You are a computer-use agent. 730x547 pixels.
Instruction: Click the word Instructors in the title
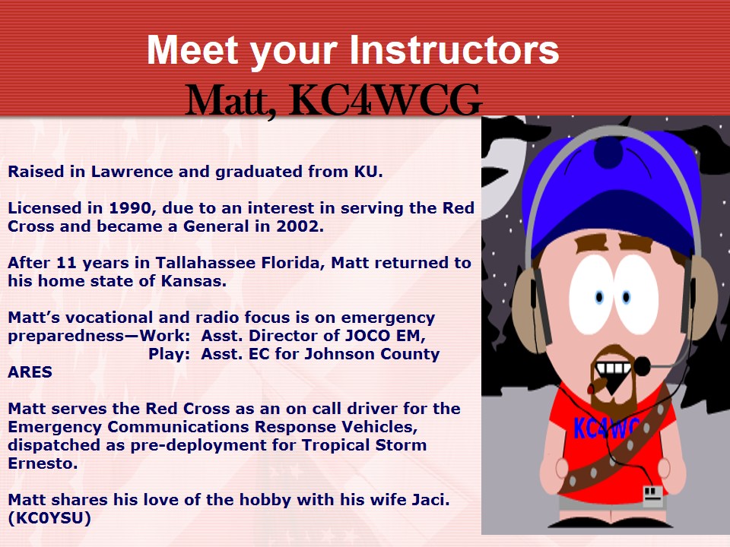click(x=454, y=50)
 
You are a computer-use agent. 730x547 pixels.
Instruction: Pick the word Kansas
click(x=193, y=281)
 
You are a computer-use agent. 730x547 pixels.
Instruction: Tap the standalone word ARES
click(x=30, y=372)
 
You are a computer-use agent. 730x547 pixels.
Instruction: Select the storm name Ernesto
click(x=43, y=463)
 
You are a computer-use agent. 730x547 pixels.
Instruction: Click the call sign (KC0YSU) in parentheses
click(x=49, y=518)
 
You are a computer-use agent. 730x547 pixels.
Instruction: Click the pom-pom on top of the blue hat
click(x=608, y=152)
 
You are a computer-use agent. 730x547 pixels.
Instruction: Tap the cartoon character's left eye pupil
click(x=600, y=297)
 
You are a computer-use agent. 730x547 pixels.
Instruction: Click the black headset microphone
click(x=643, y=366)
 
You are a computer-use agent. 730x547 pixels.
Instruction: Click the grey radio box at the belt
click(x=652, y=496)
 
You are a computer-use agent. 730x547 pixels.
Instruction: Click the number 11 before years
click(x=67, y=263)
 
